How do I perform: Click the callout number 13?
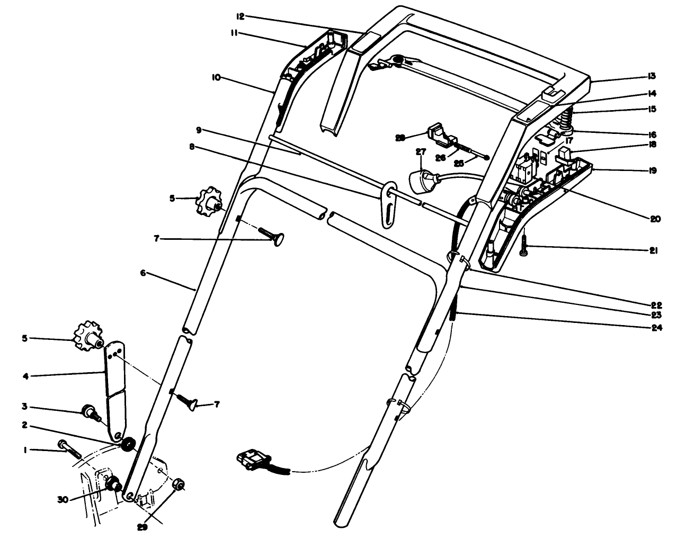(x=652, y=76)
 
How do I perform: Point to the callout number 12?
(x=240, y=17)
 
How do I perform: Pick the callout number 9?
(x=198, y=130)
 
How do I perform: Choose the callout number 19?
(x=652, y=170)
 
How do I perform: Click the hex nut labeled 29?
(x=179, y=484)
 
